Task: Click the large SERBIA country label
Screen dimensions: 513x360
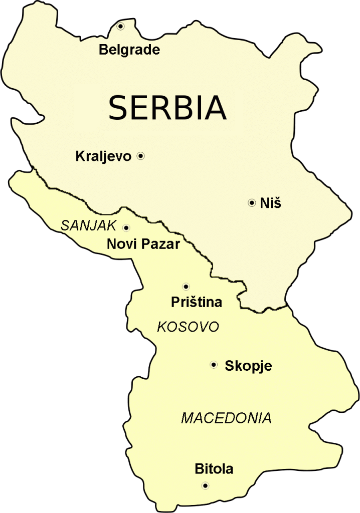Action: (x=167, y=107)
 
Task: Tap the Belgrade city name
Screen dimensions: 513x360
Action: (x=129, y=50)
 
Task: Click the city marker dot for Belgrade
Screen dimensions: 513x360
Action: (x=121, y=27)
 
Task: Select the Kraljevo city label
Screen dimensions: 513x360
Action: (x=103, y=157)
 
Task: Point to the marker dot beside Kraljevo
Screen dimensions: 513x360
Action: (x=141, y=156)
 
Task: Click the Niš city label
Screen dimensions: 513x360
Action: (x=271, y=203)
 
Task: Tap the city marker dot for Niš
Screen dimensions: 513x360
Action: (x=251, y=203)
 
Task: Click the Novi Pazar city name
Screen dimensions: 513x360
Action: (x=143, y=244)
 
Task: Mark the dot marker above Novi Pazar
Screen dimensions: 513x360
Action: (x=126, y=227)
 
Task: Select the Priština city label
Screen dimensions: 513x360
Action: (x=196, y=303)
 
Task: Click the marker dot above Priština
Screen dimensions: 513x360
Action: (x=186, y=287)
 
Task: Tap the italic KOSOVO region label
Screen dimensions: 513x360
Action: (x=188, y=327)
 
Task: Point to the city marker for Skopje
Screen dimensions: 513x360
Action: (x=214, y=365)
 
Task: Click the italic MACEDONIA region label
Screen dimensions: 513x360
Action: (x=226, y=418)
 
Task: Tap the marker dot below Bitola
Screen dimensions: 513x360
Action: (x=205, y=485)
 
